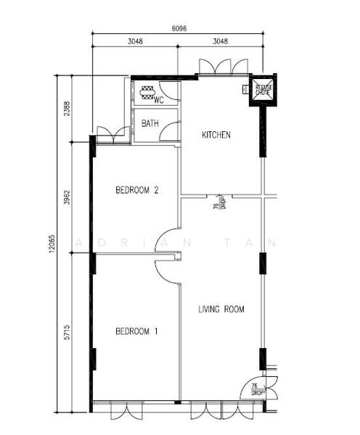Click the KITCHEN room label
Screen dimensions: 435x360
tap(216, 135)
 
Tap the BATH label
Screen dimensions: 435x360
tap(150, 124)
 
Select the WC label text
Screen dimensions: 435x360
tap(160, 100)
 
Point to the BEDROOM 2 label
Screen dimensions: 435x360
tap(137, 191)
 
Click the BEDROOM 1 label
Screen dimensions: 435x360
tap(137, 331)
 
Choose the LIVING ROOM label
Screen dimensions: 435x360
tap(221, 310)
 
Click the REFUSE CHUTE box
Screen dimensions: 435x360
tap(263, 90)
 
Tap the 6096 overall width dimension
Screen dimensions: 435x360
tap(179, 28)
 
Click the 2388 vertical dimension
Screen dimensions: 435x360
tap(67, 109)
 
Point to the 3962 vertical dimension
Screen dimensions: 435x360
tap(67, 197)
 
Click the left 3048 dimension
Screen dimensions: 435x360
tap(135, 41)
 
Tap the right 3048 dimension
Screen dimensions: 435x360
tap(221, 41)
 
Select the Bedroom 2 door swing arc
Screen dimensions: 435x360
tap(167, 240)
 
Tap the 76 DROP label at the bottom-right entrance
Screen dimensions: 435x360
tap(255, 389)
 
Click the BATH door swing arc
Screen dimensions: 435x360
tap(169, 130)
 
